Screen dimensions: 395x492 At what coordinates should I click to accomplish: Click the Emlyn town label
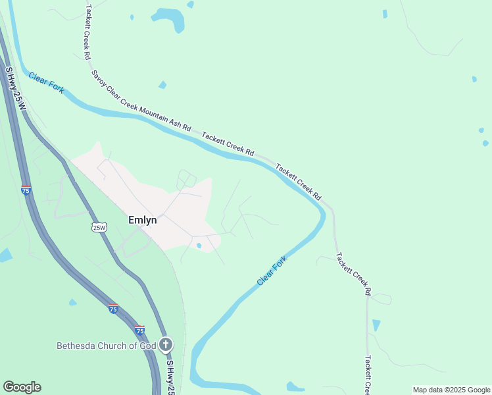point(142,221)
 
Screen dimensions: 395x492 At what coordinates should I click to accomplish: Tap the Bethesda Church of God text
point(106,346)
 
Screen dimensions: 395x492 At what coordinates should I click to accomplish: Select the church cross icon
point(166,344)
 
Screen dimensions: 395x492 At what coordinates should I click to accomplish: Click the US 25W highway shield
point(99,227)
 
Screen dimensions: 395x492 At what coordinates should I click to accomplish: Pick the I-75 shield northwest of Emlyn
point(26,190)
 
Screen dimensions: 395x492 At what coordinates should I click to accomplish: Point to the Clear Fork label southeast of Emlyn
point(272,271)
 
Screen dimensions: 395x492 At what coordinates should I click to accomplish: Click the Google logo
point(22,387)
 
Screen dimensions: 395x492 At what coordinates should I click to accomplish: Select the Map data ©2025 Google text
point(452,390)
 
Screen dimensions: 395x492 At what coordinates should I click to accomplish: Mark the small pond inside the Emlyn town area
point(199,246)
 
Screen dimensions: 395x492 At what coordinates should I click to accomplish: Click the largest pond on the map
point(168,18)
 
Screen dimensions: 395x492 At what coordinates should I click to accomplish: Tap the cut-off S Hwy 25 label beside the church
point(170,377)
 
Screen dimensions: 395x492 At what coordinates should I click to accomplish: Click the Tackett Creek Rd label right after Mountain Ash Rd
point(228,144)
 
